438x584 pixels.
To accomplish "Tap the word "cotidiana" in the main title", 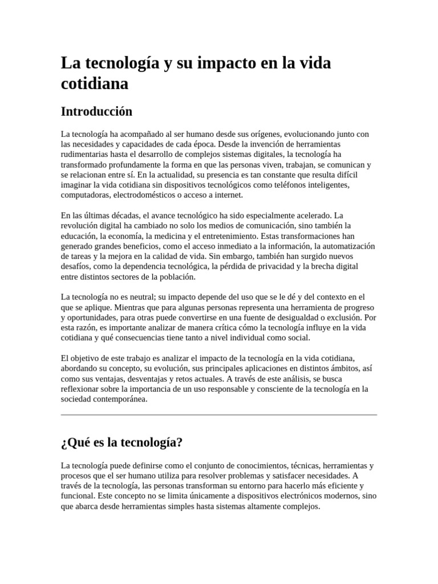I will pyautogui.click(x=95, y=83).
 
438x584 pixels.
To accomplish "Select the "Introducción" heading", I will pyautogui.click(x=96, y=111).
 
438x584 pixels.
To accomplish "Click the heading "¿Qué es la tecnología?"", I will pyautogui.click(x=121, y=443).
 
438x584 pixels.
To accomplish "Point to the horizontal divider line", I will pyautogui.click(x=218, y=415).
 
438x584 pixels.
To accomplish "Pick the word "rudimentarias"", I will pyautogui.click(x=86, y=155).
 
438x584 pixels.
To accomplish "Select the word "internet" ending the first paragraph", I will pyautogui.click(x=228, y=195).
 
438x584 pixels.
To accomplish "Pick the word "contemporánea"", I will pyautogui.click(x=120, y=399).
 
